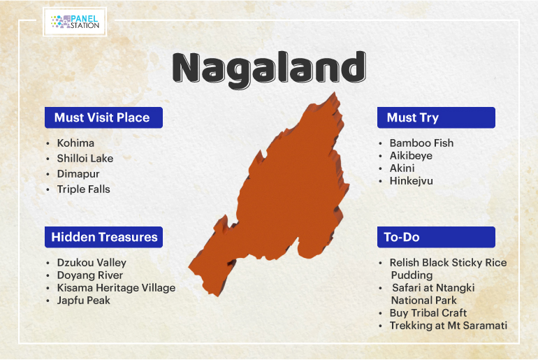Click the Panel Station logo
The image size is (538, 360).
[x=75, y=22]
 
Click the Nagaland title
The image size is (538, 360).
[x=269, y=69]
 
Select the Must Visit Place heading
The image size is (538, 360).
[x=103, y=117]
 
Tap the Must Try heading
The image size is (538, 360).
[x=436, y=117]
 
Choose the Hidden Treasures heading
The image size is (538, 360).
[x=103, y=237]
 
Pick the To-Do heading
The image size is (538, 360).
[x=436, y=237]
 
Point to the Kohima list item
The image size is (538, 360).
[x=75, y=143]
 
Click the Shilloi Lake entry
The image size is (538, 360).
[x=85, y=159]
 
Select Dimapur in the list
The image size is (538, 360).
[x=78, y=174]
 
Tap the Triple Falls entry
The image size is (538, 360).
[x=83, y=189]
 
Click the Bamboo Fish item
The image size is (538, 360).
[x=422, y=143]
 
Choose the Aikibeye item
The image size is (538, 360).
[x=411, y=156]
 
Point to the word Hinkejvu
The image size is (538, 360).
[x=412, y=181]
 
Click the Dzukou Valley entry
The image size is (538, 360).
[x=92, y=263]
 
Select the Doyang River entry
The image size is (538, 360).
[x=90, y=275]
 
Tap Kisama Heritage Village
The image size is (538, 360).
[x=116, y=288]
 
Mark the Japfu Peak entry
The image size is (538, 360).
[x=83, y=301]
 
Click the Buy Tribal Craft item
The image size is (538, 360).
[x=428, y=313]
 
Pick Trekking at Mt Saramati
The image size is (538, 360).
[x=449, y=326]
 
